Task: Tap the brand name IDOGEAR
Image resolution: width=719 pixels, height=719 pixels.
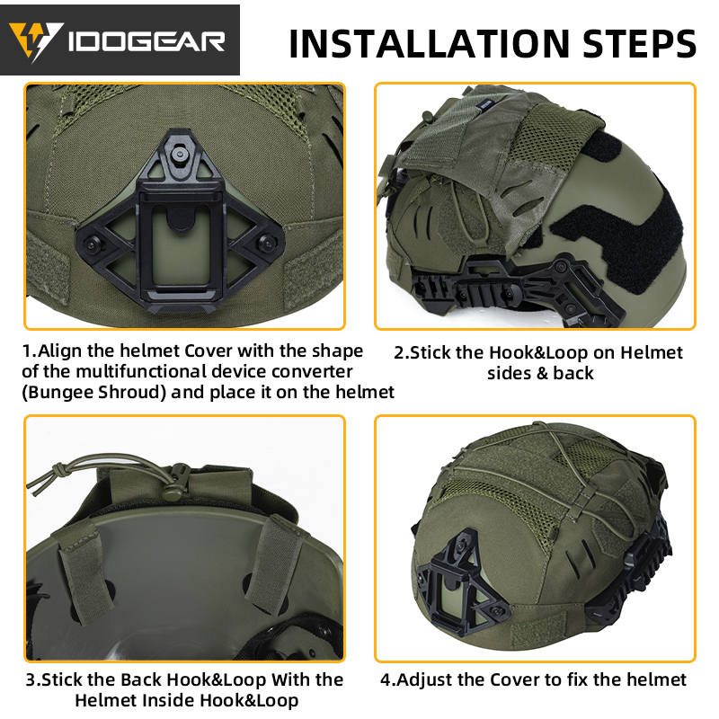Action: (143, 40)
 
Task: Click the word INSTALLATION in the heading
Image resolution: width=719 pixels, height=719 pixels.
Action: (422, 42)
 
